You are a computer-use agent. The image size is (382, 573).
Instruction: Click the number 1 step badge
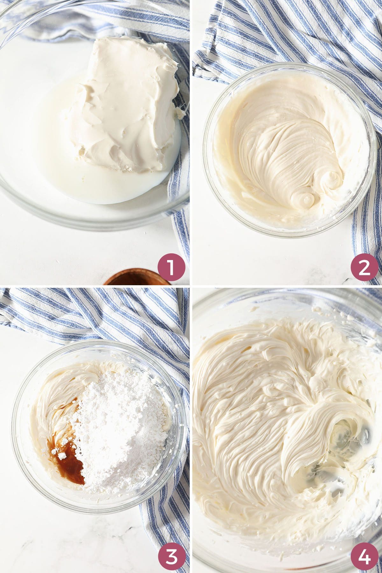[x=171, y=267]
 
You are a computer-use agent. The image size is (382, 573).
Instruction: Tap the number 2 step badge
[x=364, y=267]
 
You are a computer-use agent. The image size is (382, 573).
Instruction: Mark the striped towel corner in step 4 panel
[x=372, y=296]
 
